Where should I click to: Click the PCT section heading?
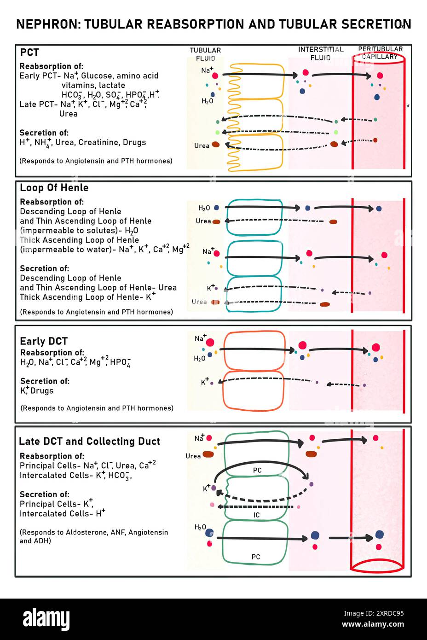click(x=29, y=52)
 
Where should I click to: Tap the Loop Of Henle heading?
click(x=54, y=188)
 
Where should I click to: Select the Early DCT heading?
click(x=44, y=341)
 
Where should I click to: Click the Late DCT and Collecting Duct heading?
click(x=89, y=441)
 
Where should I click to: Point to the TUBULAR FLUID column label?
click(x=205, y=54)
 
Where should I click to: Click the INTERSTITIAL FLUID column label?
click(x=320, y=53)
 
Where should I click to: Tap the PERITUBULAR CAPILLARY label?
click(x=380, y=52)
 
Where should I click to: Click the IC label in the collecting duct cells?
click(x=256, y=515)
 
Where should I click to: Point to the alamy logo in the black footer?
click(x=46, y=619)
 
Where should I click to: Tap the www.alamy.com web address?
click(x=373, y=624)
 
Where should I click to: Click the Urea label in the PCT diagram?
click(x=202, y=145)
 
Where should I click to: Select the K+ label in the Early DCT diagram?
click(x=205, y=382)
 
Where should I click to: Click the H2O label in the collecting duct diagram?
click(x=200, y=527)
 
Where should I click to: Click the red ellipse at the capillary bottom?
click(x=377, y=565)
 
